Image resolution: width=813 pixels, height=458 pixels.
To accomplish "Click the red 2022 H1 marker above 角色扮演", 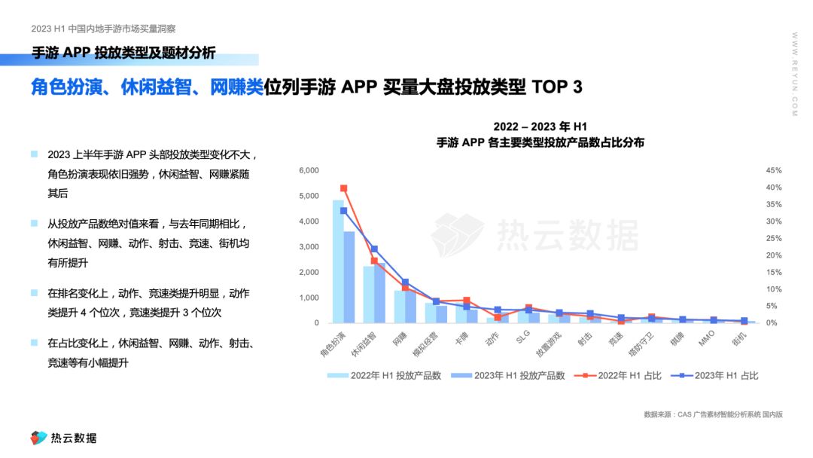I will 343,188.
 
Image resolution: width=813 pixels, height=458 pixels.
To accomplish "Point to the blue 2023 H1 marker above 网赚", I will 405,282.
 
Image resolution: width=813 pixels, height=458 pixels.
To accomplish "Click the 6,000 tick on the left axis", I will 309,170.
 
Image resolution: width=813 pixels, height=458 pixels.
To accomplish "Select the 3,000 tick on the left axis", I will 309,247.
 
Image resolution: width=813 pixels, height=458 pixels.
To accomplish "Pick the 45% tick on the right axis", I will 775,170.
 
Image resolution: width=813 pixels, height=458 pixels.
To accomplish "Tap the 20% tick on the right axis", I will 775,255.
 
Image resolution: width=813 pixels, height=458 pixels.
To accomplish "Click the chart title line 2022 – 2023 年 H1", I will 540,127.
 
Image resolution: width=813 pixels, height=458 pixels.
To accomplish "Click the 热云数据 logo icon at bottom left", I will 38,438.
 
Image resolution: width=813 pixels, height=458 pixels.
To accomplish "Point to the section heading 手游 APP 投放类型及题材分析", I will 124,53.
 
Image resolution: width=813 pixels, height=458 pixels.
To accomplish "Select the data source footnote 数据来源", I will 713,414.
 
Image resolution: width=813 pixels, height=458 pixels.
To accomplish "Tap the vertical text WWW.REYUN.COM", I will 794,75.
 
